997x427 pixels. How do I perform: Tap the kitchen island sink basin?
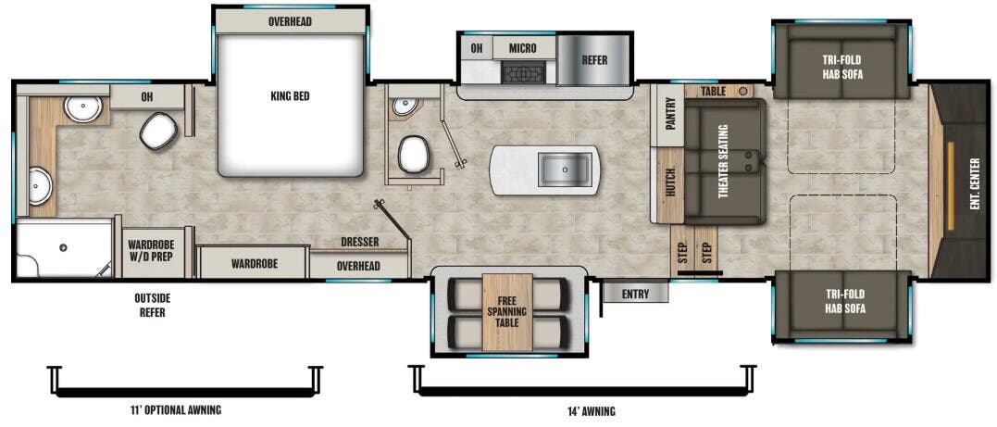565,170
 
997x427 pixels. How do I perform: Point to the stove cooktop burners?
524,72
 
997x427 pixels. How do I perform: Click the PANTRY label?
669,115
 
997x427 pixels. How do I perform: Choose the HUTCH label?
668,182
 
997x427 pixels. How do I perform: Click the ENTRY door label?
636,294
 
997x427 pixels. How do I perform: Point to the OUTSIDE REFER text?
152,305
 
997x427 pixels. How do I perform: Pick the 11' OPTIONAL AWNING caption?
175,409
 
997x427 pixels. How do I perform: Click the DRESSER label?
359,243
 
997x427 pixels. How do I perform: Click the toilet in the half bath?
413,154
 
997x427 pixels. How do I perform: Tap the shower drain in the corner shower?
64,247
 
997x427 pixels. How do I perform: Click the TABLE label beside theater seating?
714,91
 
